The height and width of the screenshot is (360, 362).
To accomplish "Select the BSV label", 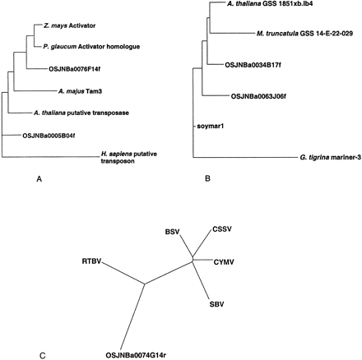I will pyautogui.click(x=172, y=233).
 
